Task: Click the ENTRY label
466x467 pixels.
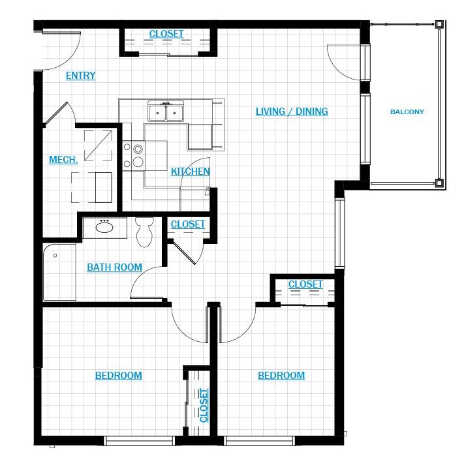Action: (x=80, y=76)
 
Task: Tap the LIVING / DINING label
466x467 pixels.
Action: (x=292, y=112)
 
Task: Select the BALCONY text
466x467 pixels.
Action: (x=407, y=112)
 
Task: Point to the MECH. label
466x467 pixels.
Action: (x=63, y=160)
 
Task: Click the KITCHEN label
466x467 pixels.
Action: (x=191, y=172)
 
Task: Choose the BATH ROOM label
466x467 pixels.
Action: (x=114, y=267)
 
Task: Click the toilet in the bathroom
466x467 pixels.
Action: (x=144, y=232)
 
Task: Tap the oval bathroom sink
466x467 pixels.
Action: (x=104, y=228)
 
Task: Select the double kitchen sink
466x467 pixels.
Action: (x=166, y=111)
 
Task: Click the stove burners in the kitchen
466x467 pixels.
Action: (x=134, y=156)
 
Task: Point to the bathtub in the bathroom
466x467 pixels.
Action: (x=59, y=272)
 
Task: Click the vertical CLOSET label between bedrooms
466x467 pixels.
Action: (x=204, y=405)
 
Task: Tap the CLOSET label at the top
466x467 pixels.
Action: (x=166, y=34)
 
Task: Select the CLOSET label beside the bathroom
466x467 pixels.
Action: (x=188, y=224)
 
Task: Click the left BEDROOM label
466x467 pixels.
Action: (x=119, y=376)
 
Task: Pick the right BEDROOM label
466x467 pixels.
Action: (x=281, y=376)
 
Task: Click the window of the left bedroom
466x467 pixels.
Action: (x=139, y=440)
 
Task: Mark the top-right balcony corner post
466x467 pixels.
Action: (x=439, y=24)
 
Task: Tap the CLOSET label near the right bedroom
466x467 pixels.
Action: (x=305, y=284)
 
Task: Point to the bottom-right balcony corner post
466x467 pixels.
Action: (x=439, y=183)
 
